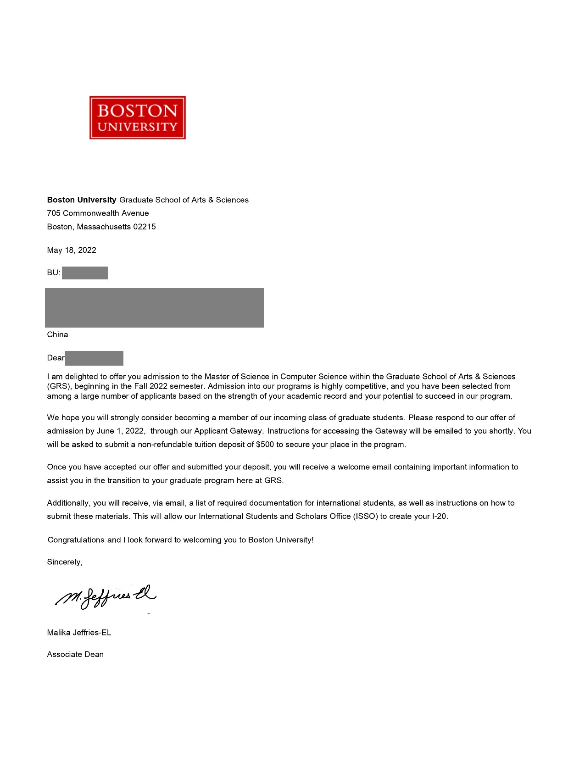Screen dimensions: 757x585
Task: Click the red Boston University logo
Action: tap(138, 117)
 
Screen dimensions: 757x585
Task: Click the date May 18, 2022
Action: tap(72, 250)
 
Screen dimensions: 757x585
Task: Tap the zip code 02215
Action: tap(145, 227)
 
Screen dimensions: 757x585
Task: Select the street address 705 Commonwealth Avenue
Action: tap(98, 213)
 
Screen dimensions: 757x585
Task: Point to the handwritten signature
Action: tap(106, 597)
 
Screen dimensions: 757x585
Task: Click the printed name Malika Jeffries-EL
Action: tap(79, 633)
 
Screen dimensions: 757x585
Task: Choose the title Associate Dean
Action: tap(75, 654)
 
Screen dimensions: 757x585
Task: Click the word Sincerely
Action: tap(64, 562)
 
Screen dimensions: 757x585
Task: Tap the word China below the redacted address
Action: tap(57, 334)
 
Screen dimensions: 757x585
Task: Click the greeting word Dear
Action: tap(56, 358)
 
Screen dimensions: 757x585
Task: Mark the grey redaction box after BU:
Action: tap(85, 273)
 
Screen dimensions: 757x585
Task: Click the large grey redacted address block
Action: tap(154, 307)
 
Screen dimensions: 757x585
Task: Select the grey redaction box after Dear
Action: tap(94, 358)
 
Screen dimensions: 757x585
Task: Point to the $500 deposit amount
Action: tap(265, 445)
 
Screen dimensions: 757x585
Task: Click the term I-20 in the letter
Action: tap(439, 516)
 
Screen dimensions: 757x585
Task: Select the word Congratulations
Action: tap(76, 540)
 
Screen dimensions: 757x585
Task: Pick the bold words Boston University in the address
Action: tap(82, 200)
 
